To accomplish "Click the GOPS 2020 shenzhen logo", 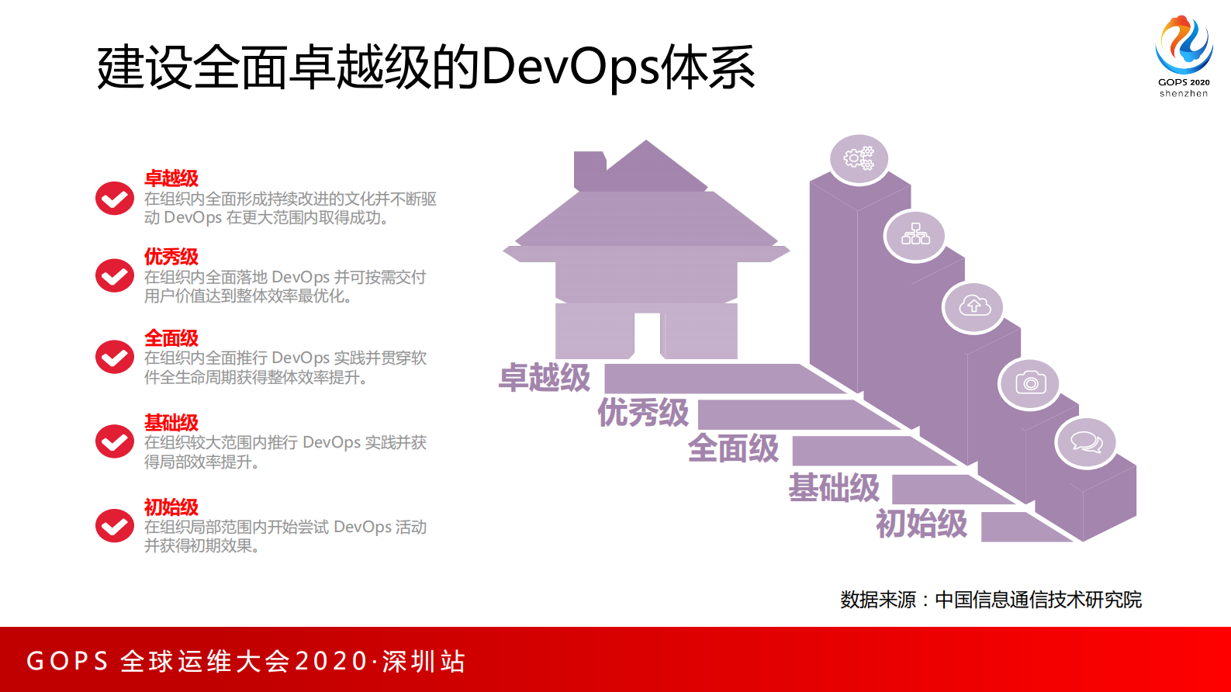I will tap(1184, 54).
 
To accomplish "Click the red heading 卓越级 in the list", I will tap(171, 178).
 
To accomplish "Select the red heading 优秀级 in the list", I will tap(171, 257).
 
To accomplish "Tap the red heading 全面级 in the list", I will tap(171, 338).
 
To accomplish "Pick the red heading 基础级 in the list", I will tap(171, 423).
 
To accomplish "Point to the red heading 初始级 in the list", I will tap(171, 507).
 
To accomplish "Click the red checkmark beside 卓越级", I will tap(115, 199).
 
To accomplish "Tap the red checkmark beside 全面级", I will tap(115, 357).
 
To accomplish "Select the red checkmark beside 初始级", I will tap(115, 526).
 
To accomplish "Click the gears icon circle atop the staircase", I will tap(859, 159).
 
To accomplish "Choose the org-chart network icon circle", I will tap(915, 235).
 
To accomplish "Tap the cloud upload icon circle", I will tap(973, 306).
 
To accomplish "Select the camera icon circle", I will tap(1030, 382).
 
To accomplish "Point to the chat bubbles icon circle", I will tap(1086, 442).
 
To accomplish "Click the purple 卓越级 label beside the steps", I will tap(545, 378).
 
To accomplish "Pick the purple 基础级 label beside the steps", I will tap(834, 488).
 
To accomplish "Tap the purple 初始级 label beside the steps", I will tap(922, 524).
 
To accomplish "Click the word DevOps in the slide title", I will tap(570, 67).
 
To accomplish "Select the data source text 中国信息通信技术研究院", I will tap(1038, 600).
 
